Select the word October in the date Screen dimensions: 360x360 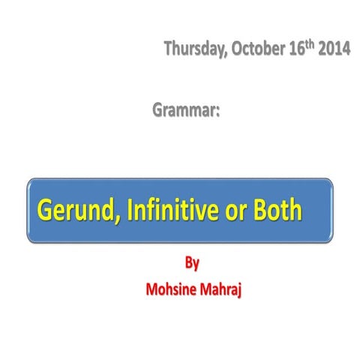pyautogui.click(x=260, y=50)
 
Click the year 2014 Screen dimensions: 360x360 pyautogui.click(x=334, y=50)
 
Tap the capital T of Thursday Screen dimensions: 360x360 pyautogui.click(x=169, y=49)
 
